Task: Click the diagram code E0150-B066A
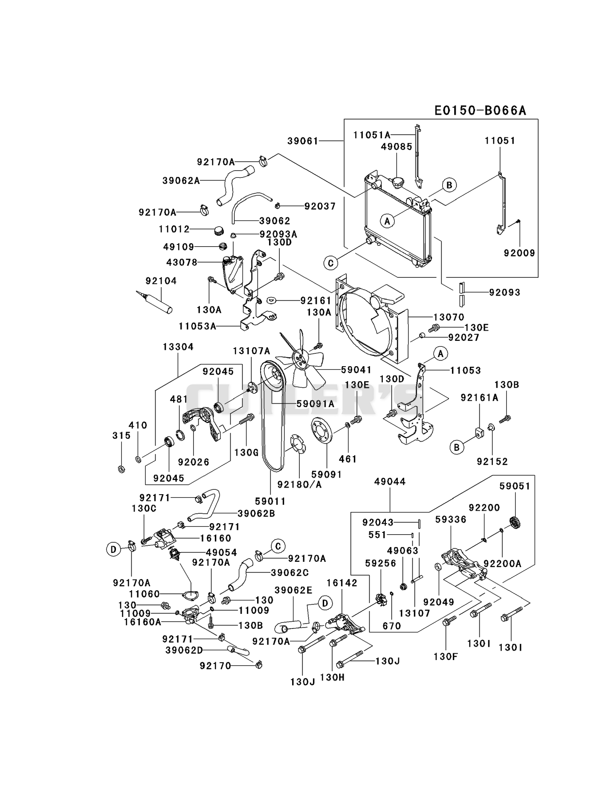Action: click(480, 110)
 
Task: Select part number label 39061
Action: click(303, 141)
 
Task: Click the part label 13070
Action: click(448, 317)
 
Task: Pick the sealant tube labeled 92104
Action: click(155, 302)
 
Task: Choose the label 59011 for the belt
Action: click(270, 501)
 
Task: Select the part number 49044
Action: click(390, 482)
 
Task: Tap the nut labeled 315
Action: click(121, 469)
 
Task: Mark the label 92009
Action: click(519, 253)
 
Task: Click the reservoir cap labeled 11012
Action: click(218, 231)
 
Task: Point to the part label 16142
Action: click(342, 583)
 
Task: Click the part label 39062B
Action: click(256, 513)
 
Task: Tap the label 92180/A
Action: click(299, 484)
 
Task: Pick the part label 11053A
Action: click(198, 326)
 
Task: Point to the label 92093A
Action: click(278, 234)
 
